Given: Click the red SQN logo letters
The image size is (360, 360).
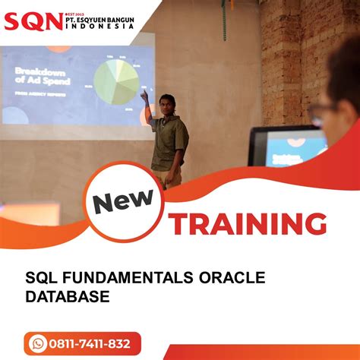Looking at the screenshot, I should pyautogui.click(x=33, y=20).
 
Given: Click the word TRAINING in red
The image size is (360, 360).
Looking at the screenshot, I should pyautogui.click(x=248, y=225).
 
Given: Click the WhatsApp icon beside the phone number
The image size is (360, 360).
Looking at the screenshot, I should pyautogui.click(x=37, y=343).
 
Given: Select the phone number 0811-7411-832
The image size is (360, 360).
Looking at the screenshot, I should pyautogui.click(x=90, y=343).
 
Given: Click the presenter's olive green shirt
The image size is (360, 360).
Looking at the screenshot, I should pyautogui.click(x=169, y=141).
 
